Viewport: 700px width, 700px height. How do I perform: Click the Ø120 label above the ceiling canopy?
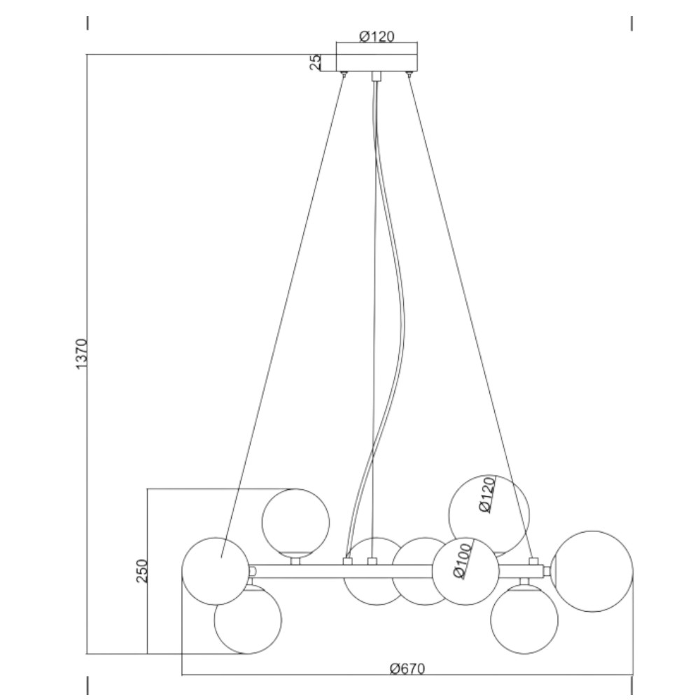coord(377,36)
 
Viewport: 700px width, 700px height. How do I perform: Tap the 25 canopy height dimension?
coord(315,62)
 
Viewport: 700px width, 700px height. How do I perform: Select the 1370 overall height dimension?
coord(82,354)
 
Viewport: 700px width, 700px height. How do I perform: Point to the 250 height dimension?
coord(141,570)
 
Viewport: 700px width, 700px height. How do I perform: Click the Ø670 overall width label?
coord(407,668)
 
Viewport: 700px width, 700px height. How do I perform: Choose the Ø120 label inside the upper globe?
coord(486,495)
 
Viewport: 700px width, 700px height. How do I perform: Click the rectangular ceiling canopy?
coord(377,63)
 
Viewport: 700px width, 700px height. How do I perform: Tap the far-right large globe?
coord(592,571)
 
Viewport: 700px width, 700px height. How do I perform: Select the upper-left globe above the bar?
coord(295,522)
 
